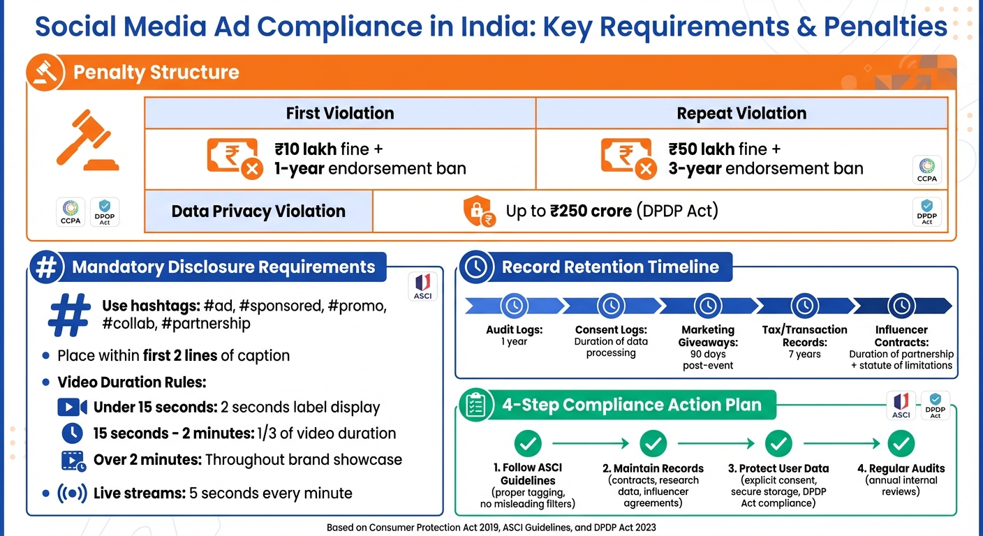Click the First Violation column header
click(340, 113)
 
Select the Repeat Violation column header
click(741, 113)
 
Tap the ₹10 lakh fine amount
click(296, 149)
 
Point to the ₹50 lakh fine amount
click(690, 149)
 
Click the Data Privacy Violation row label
click(258, 211)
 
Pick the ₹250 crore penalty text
click(589, 211)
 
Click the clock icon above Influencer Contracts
click(901, 305)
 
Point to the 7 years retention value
click(804, 355)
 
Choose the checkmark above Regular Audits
click(901, 443)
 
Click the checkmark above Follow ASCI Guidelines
click(528, 443)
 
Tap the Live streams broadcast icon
click(72, 493)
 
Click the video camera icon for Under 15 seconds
click(72, 407)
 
